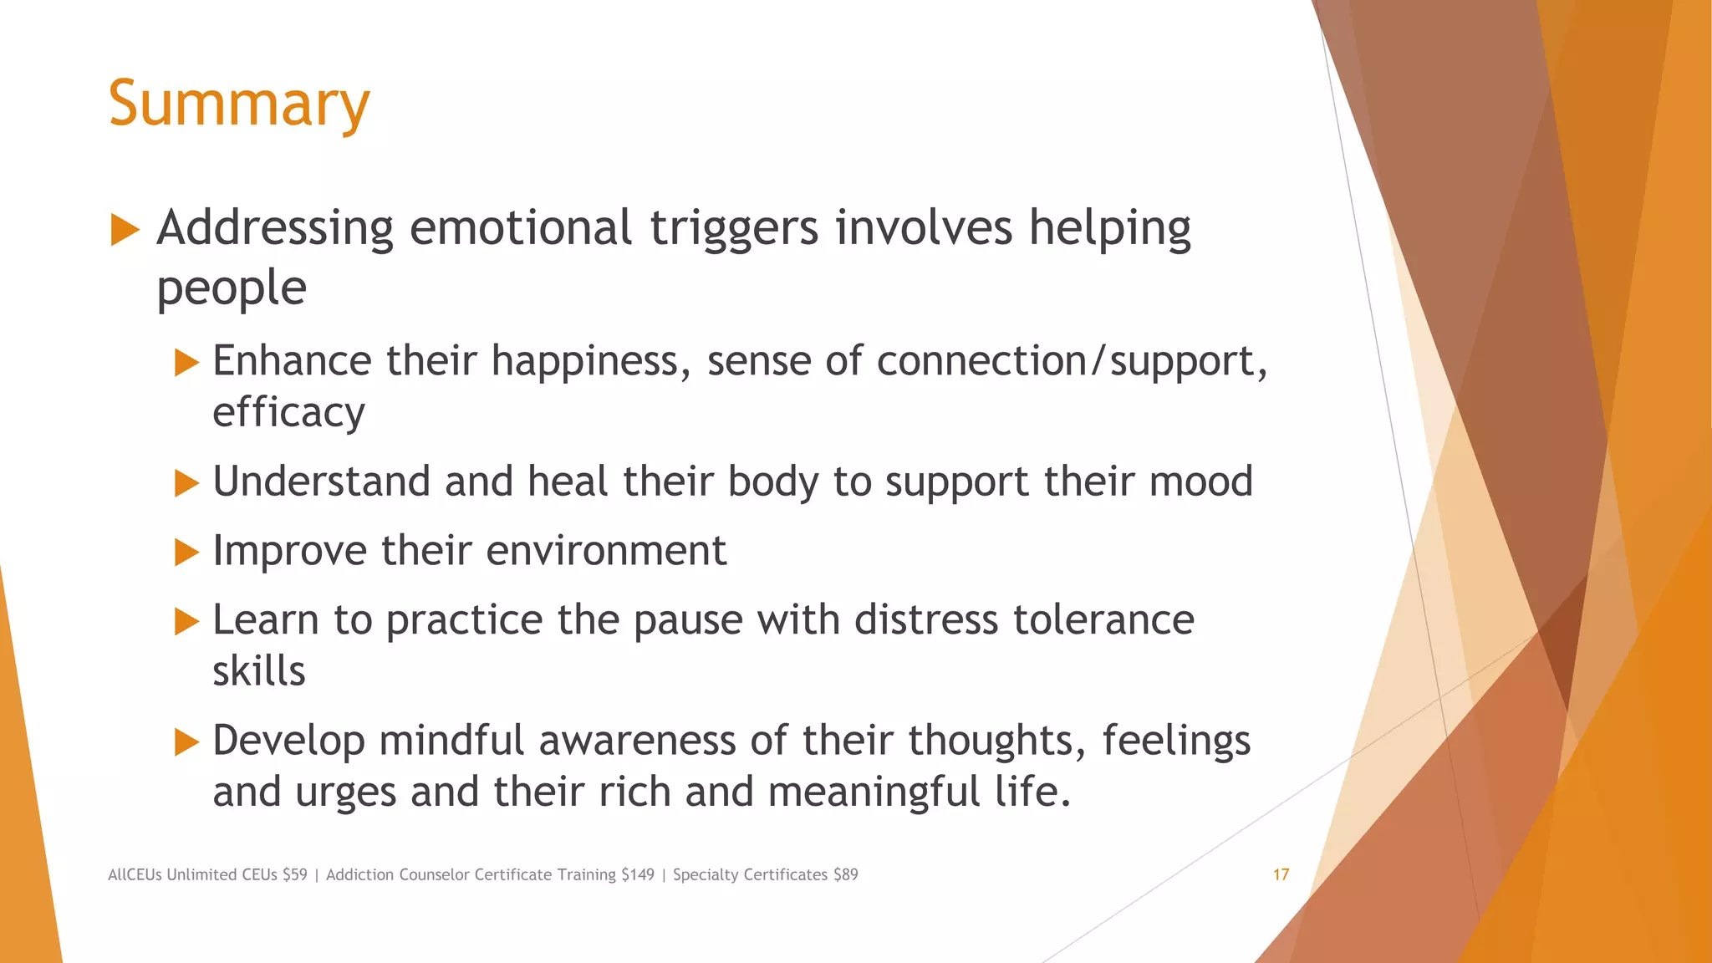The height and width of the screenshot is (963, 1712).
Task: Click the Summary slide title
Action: click(238, 104)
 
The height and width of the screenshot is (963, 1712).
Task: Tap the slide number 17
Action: click(1281, 874)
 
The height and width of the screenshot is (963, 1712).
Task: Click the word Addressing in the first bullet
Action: click(274, 228)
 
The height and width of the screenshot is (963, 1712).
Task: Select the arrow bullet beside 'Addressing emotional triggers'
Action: click(125, 229)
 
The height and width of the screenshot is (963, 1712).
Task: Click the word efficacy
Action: click(288, 413)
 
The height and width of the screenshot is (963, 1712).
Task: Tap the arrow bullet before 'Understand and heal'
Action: click(186, 482)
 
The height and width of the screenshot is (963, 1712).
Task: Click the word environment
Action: click(606, 551)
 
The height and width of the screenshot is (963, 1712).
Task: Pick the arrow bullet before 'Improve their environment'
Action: click(186, 552)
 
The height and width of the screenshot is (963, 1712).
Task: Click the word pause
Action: click(687, 620)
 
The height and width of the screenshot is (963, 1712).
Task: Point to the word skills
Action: click(258, 671)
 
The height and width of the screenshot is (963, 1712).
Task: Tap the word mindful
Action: click(451, 741)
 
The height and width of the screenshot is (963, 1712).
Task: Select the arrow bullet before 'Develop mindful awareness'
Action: click(186, 741)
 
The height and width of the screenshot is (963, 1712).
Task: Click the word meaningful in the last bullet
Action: click(874, 792)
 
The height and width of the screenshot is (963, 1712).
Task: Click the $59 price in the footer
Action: click(294, 874)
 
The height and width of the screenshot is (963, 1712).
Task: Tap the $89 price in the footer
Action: click(845, 874)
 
